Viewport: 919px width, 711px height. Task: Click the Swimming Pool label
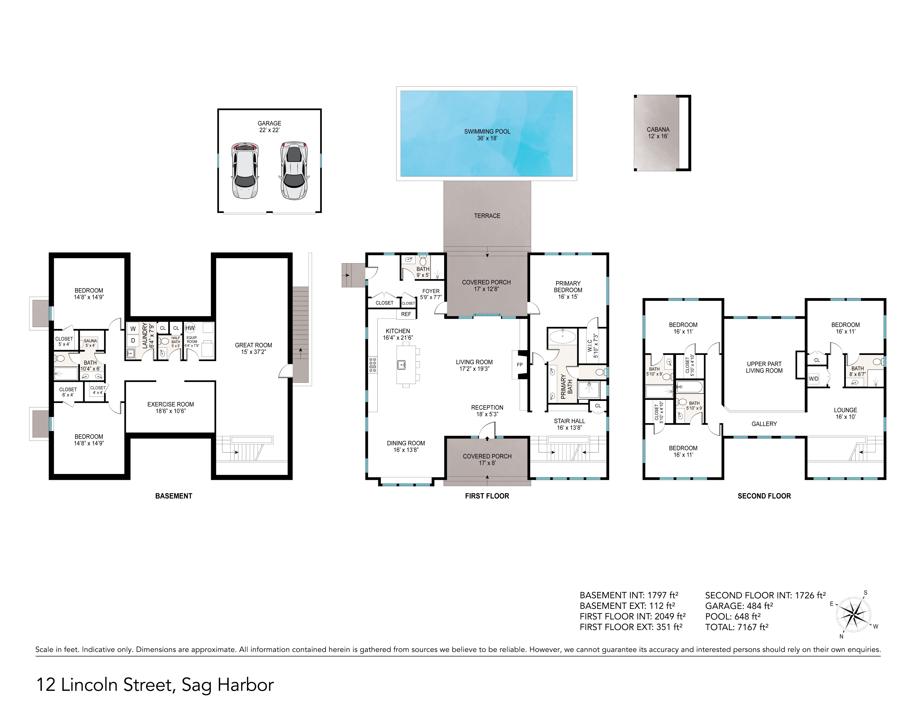(487, 135)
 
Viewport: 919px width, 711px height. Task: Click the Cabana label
(658, 133)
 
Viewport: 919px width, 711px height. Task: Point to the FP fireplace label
(520, 365)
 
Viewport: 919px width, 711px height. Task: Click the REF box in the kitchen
(406, 314)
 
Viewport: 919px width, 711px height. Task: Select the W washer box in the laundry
(133, 328)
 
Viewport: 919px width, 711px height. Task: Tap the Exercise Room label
(170, 408)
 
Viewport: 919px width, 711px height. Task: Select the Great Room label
(253, 348)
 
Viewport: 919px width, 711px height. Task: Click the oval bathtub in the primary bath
(563, 337)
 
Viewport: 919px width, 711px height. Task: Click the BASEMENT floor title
(174, 496)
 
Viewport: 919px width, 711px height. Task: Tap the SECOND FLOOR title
(764, 496)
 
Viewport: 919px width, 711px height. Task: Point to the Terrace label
(487, 216)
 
